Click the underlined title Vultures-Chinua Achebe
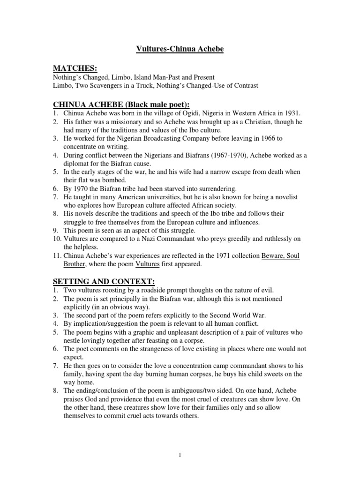[x=180, y=49]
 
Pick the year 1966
[x=265, y=139]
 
